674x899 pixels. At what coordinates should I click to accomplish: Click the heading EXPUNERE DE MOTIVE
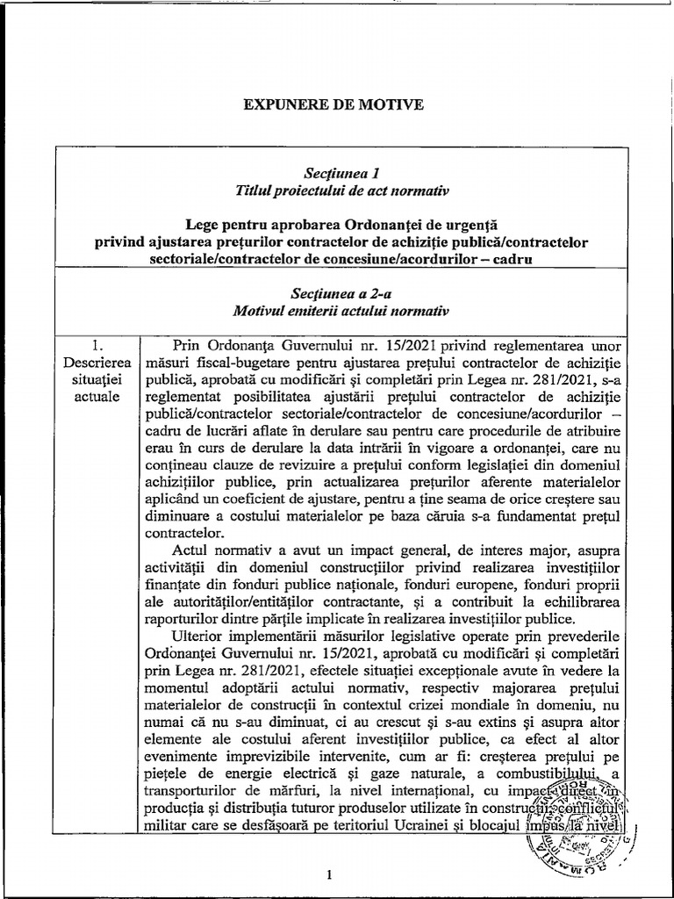[333, 105]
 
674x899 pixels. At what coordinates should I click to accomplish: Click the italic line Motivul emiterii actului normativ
[337, 311]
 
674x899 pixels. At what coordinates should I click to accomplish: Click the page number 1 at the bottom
[326, 874]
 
